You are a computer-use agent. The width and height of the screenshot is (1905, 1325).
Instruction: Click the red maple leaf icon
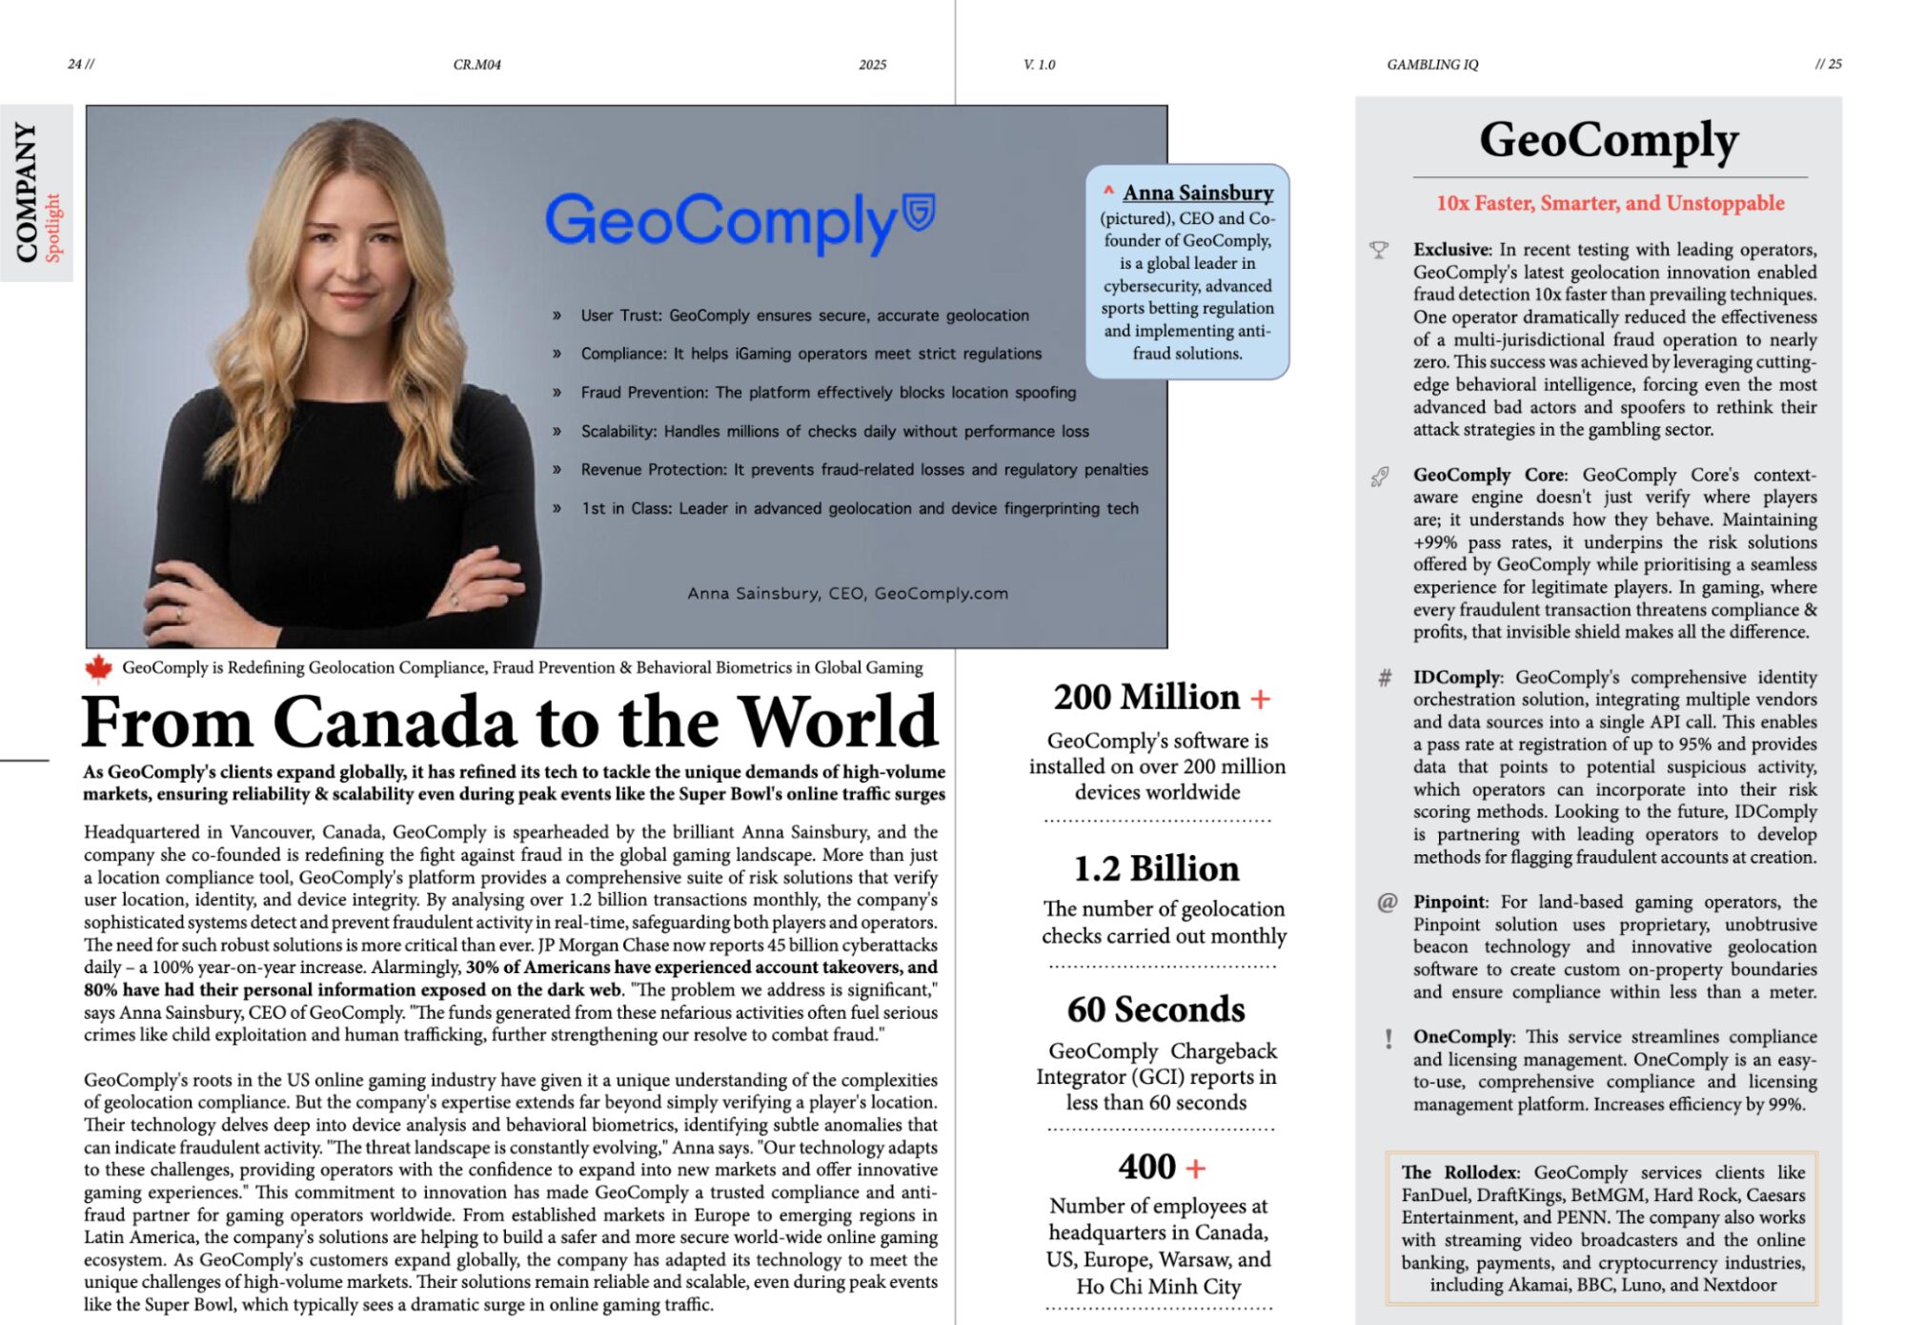click(x=98, y=669)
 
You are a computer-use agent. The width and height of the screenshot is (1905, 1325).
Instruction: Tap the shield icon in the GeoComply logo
click(x=919, y=212)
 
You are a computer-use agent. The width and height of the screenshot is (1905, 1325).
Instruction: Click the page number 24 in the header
click(x=75, y=64)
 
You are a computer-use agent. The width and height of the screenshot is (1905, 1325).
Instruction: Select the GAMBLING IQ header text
click(x=1432, y=65)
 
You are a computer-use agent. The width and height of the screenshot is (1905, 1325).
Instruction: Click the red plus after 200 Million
click(x=1261, y=700)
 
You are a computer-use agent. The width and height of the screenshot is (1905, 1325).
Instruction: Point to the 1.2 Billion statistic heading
click(x=1156, y=868)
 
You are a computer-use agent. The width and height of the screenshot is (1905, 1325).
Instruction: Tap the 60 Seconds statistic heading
click(x=1156, y=1009)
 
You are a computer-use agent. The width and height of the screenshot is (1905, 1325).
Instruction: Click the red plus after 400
click(x=1196, y=1168)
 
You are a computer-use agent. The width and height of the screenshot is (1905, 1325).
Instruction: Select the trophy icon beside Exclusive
click(x=1379, y=251)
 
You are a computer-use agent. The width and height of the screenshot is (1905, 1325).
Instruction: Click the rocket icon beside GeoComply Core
click(x=1380, y=477)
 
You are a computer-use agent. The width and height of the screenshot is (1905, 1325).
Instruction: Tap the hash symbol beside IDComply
click(x=1385, y=678)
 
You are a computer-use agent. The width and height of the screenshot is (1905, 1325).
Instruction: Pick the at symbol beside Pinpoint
click(x=1387, y=903)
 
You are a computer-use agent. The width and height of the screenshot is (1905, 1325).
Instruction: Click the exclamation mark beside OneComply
click(x=1388, y=1039)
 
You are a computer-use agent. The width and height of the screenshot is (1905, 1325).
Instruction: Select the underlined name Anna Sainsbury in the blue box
click(x=1198, y=193)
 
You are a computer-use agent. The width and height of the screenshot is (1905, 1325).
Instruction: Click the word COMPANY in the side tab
click(x=27, y=192)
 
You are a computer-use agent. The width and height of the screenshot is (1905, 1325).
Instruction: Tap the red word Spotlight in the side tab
click(x=53, y=228)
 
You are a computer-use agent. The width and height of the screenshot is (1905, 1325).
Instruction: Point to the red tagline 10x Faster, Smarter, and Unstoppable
click(x=1610, y=203)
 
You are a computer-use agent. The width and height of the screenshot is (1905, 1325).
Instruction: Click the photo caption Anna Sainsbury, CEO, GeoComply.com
click(x=847, y=593)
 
